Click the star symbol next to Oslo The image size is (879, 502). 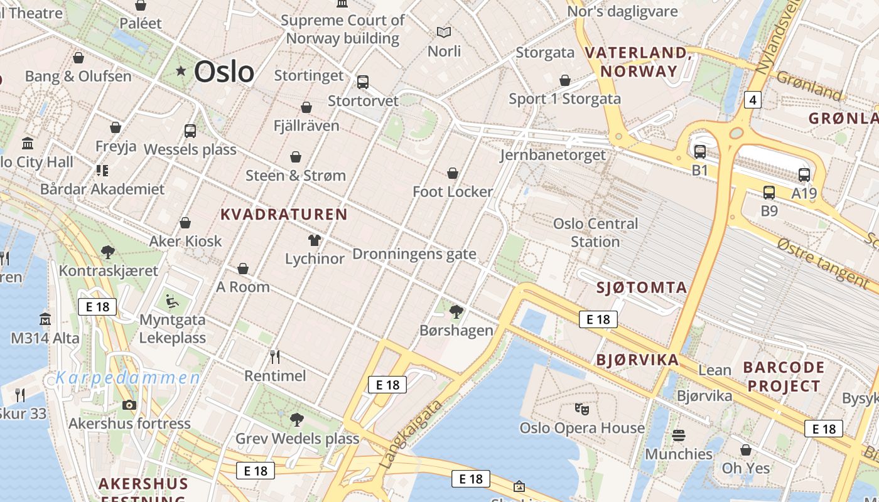pos(181,71)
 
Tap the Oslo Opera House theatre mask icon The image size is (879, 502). pos(582,409)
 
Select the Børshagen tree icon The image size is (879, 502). pos(456,311)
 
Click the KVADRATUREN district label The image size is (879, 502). pos(284,215)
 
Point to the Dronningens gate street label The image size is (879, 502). pos(414,254)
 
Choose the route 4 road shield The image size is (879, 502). pos(753,99)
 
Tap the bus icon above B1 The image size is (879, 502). pos(700,151)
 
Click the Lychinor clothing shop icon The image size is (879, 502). pos(315,240)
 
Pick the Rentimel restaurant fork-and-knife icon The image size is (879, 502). pos(275,357)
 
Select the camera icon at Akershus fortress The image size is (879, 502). pos(129,405)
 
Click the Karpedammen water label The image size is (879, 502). pos(128,378)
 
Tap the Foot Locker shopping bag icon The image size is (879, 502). pos(453,173)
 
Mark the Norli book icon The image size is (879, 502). pos(444,32)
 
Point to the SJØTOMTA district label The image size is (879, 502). pos(641,288)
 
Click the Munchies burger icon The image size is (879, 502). pos(679,435)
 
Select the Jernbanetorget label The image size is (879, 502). pos(553,155)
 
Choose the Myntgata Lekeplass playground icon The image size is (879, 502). pos(171,301)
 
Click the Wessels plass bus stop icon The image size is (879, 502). pos(190,131)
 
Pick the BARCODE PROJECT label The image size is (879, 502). pos(783,376)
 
